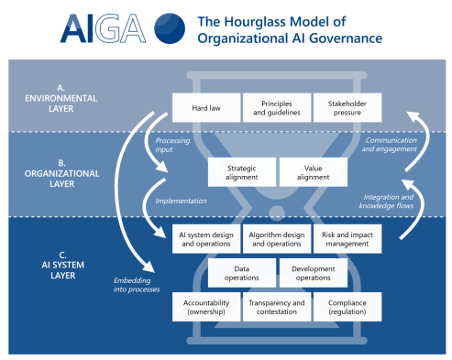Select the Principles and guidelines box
pos(276,107)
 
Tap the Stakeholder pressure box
pos(347,107)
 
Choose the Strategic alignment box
pos(240,171)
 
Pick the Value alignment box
pos(311,171)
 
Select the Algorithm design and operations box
pos(276,238)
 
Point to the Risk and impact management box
pos(347,238)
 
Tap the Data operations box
pos(240,273)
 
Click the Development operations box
pos(312,273)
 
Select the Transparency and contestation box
pos(276,308)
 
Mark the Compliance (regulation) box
pos(347,308)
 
